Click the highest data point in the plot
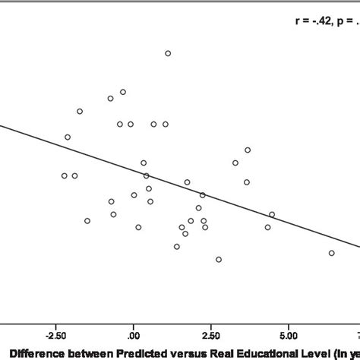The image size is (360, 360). [x=168, y=53]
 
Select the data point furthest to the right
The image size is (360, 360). [x=331, y=253]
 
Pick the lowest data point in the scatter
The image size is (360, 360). [x=219, y=260]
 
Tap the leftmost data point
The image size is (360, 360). [x=65, y=175]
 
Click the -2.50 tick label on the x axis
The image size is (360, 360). [x=55, y=334]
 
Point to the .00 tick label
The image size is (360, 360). [x=133, y=334]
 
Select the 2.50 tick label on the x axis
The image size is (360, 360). [x=212, y=334]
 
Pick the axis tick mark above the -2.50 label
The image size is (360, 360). [x=55, y=324]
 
